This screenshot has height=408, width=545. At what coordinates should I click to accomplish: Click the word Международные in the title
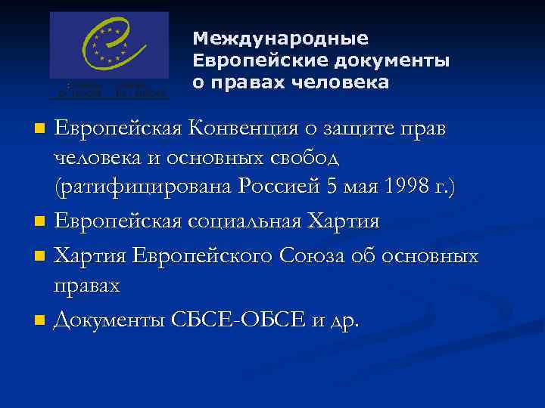[280, 38]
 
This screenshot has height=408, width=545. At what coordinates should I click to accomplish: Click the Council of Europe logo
[109, 55]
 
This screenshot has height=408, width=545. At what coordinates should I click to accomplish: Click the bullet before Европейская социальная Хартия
[41, 223]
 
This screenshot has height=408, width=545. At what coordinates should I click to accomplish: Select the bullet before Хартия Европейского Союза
[41, 257]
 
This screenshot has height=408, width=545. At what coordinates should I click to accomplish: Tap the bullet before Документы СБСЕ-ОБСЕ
[41, 321]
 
